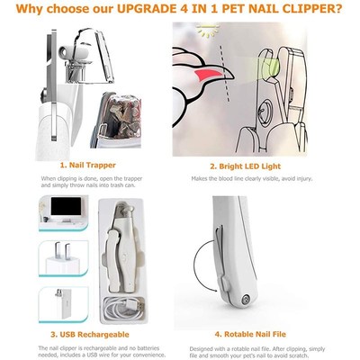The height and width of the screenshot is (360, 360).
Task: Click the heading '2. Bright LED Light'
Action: [264, 166]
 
